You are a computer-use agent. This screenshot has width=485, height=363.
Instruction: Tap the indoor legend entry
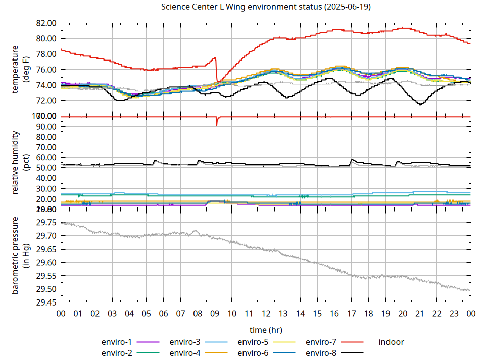pyautogui.click(x=405, y=342)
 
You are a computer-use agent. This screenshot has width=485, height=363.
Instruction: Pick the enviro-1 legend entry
pyautogui.click(x=129, y=342)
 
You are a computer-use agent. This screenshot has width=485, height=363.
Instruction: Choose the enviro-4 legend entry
pyautogui.click(x=198, y=353)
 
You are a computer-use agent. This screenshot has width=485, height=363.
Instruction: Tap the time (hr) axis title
pyautogui.click(x=266, y=330)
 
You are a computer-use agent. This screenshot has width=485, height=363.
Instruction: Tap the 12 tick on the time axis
pyautogui.click(x=266, y=313)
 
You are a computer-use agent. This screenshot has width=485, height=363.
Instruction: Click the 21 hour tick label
pyautogui.click(x=419, y=313)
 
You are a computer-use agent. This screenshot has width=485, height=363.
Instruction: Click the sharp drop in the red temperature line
pyautogui.click(x=217, y=70)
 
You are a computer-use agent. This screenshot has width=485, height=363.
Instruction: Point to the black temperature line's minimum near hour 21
pyautogui.click(x=420, y=104)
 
